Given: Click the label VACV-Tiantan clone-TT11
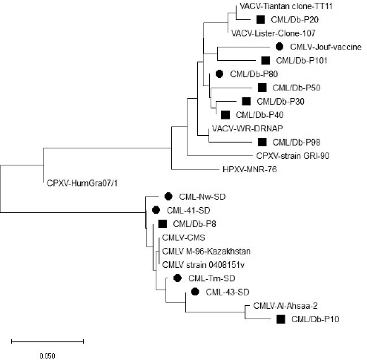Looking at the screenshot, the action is coord(286,6).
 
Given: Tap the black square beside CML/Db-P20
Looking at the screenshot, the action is coord(260,19).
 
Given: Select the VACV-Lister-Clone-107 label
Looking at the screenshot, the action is coord(274,33).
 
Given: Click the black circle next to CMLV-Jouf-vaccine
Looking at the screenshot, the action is coord(280,47).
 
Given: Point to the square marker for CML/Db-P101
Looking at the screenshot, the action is coord(265,60).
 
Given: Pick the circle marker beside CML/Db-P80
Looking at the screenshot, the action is coord(219,73).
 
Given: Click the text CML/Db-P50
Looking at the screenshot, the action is coord(297,88).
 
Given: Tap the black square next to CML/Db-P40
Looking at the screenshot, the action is coord(225,115).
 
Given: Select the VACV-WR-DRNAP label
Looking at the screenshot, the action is coord(248,128).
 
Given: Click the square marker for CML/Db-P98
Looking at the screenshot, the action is coord(262,142).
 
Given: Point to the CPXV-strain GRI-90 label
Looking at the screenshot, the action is coord(293,156).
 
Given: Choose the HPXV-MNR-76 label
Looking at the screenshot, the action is coord(250,169).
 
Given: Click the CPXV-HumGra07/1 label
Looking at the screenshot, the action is coord(82,183).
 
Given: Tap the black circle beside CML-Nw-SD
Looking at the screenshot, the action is coord(168,197).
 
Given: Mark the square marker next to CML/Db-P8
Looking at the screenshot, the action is coord(162,223).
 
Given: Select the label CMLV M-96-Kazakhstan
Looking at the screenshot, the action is coord(206,251).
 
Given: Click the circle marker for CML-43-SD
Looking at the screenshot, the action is coord(195,292).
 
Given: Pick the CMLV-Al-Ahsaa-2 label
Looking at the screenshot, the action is coord(285,306).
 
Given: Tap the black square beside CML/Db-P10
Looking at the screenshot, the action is coord(281,319).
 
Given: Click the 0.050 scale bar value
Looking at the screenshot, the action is coord(47,356).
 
